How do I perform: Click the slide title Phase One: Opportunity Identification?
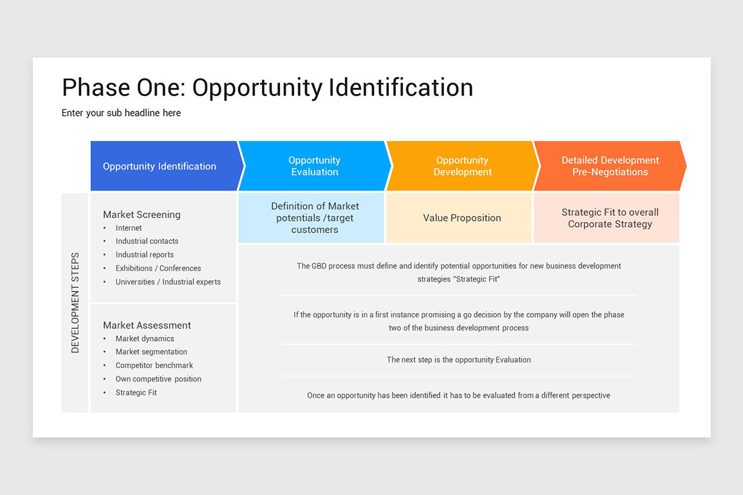tap(267, 88)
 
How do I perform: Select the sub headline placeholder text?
tap(121, 113)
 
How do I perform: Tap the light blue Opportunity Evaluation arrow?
tap(315, 166)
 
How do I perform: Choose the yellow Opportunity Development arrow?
tap(462, 166)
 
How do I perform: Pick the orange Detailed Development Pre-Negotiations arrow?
tap(610, 166)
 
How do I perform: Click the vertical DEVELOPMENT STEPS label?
tap(76, 303)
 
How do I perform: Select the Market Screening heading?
tap(142, 215)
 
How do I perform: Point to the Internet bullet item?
tap(129, 228)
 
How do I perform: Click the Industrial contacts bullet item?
tap(147, 241)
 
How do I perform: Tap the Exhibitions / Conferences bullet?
tap(158, 269)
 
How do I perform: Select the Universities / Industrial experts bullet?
tap(168, 282)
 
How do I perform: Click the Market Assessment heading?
tap(147, 325)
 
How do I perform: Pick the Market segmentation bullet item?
tap(151, 352)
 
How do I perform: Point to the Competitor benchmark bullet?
tap(154, 366)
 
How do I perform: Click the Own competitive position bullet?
tap(158, 379)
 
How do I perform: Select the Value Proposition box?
tap(462, 218)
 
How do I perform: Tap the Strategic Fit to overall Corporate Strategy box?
tap(610, 218)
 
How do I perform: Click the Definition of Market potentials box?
tap(315, 218)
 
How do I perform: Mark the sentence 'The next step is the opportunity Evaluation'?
tap(459, 360)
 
